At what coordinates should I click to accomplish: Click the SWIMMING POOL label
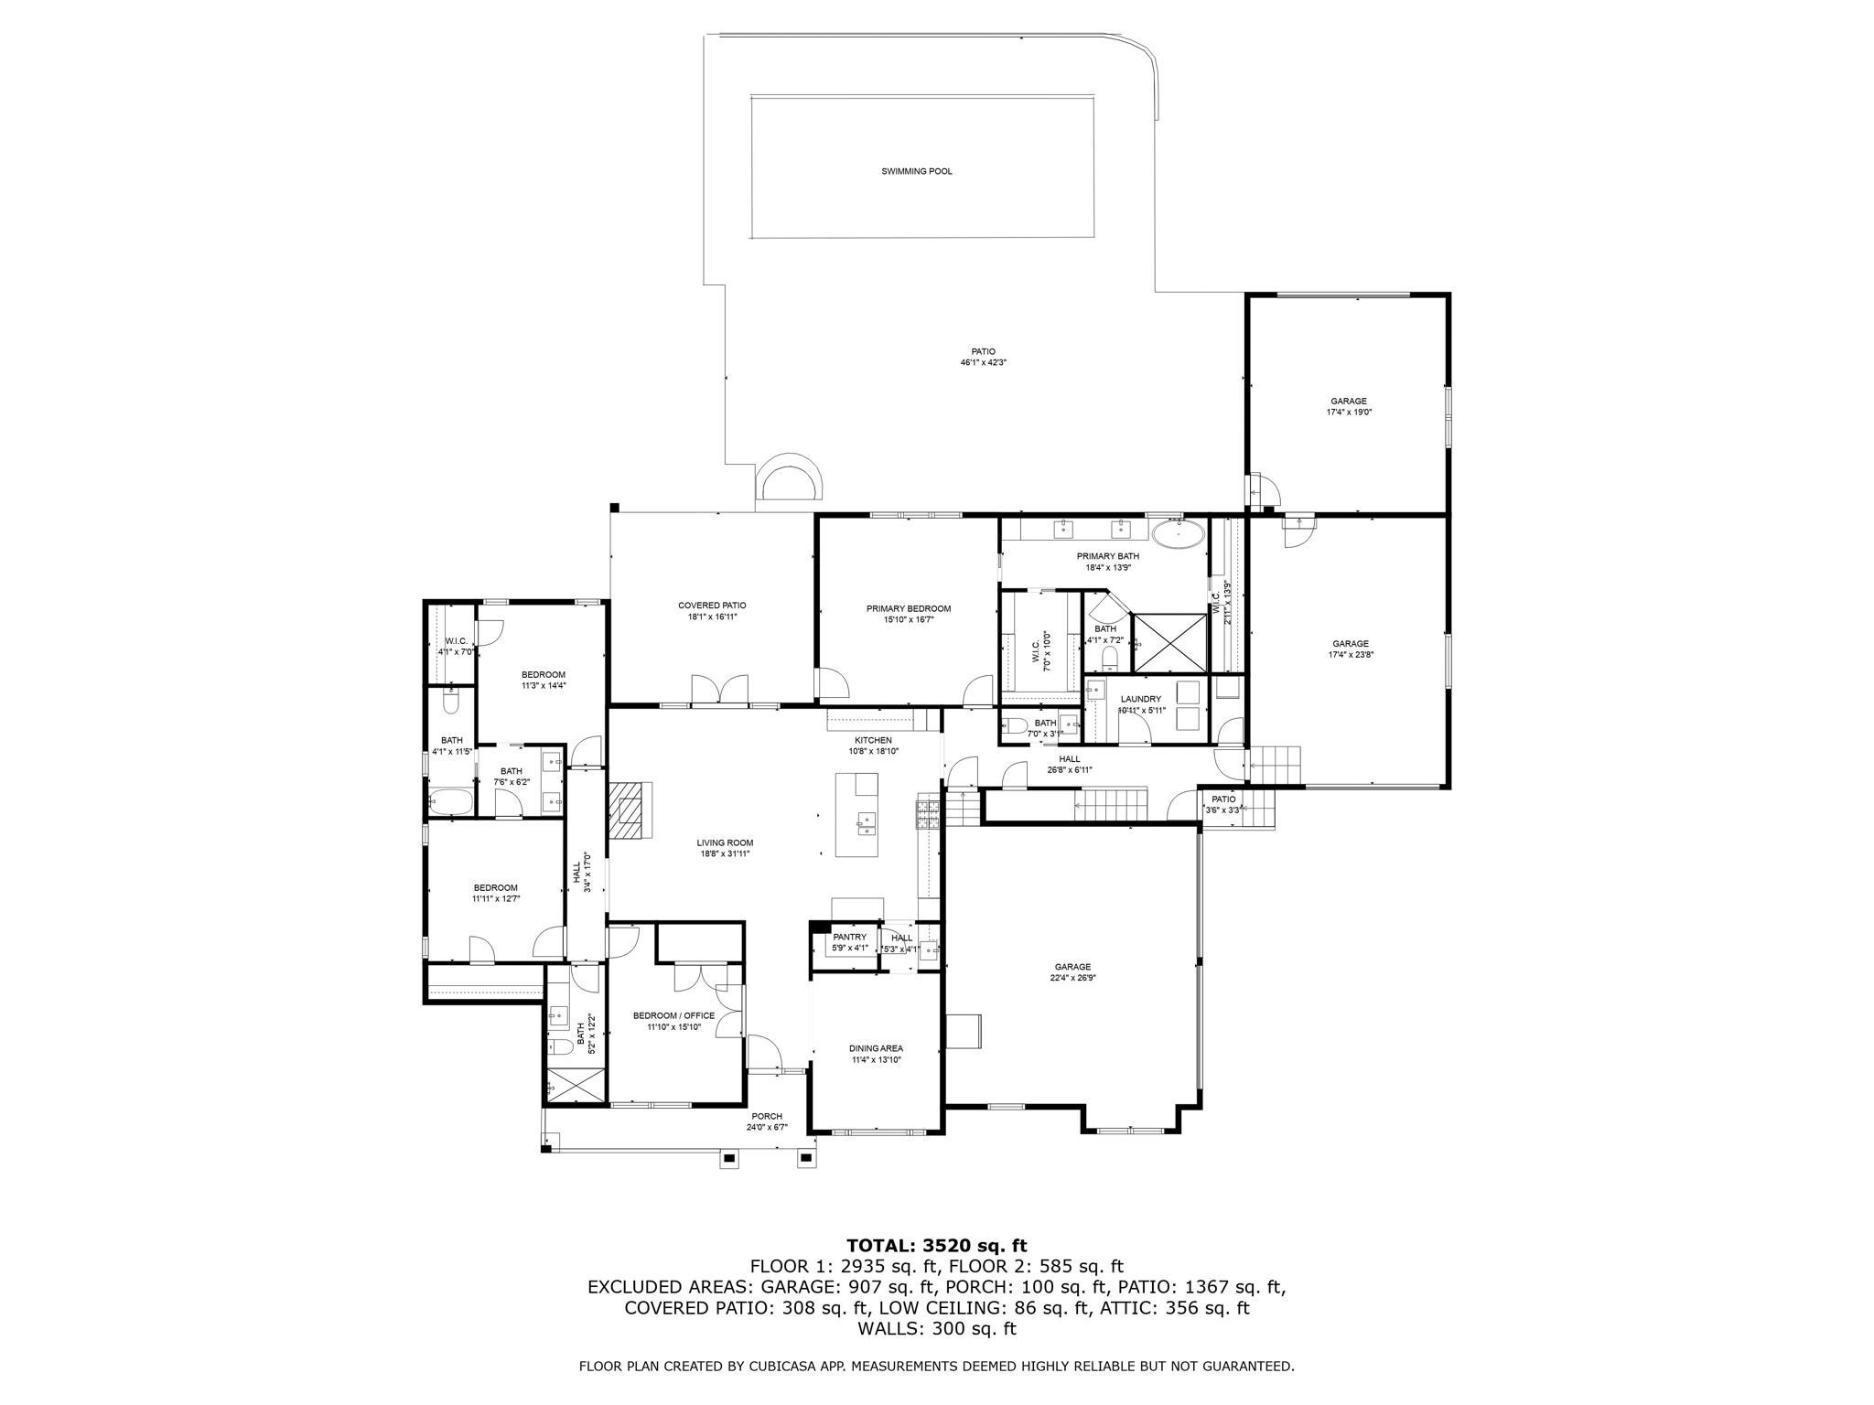[x=916, y=171]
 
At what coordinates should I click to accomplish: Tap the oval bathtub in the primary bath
[x=1178, y=533]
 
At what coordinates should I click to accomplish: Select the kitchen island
[x=856, y=815]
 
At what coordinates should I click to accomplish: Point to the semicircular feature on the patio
[x=789, y=480]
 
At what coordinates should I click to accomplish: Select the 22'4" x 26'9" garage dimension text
[x=1072, y=978]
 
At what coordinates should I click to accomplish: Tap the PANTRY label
[x=849, y=937]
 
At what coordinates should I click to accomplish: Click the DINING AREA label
[x=877, y=1048]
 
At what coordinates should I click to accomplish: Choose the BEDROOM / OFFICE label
[x=673, y=1015]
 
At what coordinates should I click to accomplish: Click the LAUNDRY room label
[x=1140, y=699]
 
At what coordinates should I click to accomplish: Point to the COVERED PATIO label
[x=712, y=606]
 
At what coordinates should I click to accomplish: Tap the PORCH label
[x=767, y=1116]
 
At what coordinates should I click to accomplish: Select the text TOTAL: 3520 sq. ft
[x=936, y=1245]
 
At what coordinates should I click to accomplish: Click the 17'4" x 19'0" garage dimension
[x=1349, y=413]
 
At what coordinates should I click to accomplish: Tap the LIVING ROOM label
[x=725, y=842]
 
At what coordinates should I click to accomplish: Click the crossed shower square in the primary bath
[x=1170, y=643]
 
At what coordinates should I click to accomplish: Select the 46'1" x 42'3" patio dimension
[x=983, y=362]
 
